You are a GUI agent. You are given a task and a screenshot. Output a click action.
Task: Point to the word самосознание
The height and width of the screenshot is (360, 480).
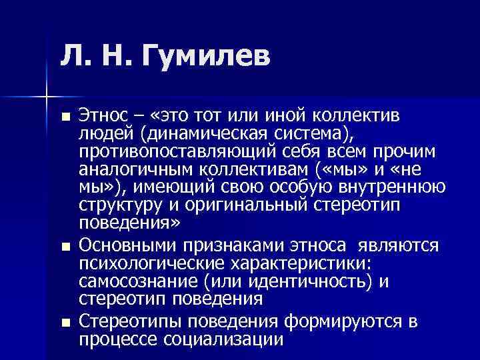point(135,281)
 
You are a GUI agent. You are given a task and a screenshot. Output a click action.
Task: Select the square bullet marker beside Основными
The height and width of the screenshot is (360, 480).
point(63,247)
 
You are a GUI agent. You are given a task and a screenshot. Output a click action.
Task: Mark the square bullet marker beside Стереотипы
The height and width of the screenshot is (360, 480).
point(63,323)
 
